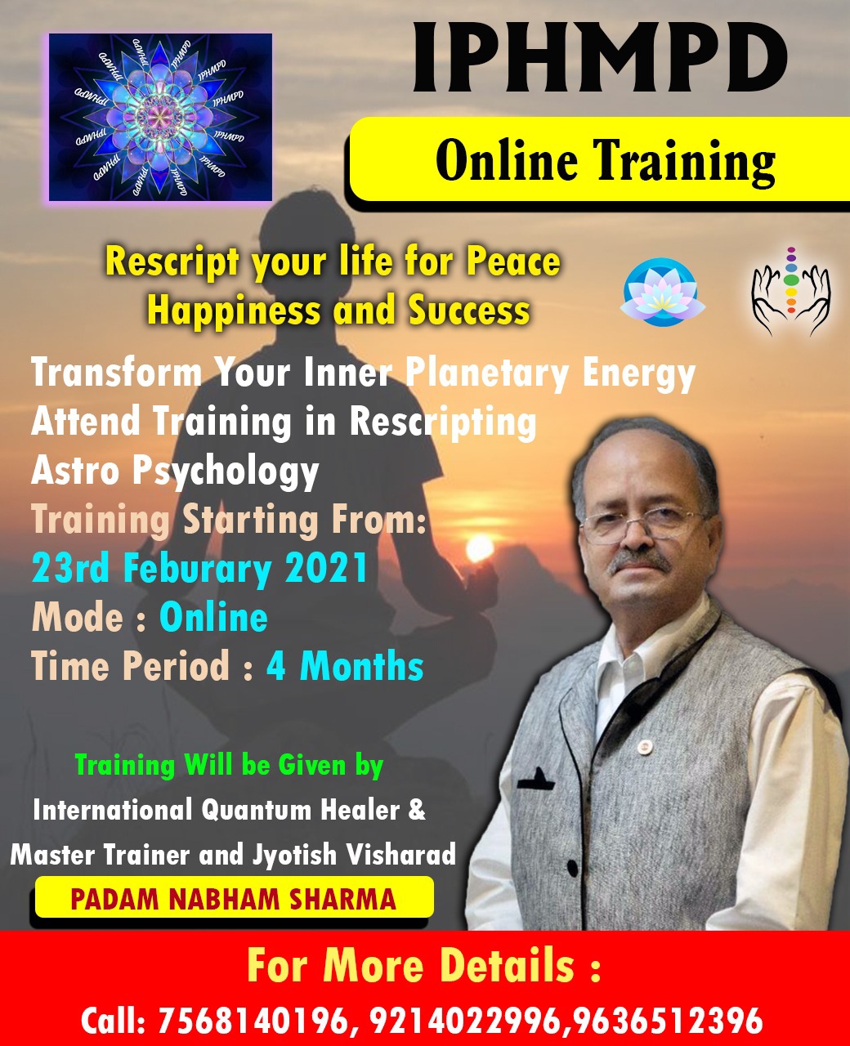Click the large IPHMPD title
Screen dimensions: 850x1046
click(600, 58)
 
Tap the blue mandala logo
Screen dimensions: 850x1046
click(160, 117)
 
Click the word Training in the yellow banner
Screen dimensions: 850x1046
click(686, 161)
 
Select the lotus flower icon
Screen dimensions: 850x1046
click(662, 293)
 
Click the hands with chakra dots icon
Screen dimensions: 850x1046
click(791, 291)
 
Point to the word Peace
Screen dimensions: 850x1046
click(513, 261)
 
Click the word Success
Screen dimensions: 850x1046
click(469, 311)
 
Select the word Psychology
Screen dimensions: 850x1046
click(226, 472)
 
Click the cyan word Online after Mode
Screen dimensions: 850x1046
click(213, 617)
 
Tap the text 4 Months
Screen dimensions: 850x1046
click(345, 666)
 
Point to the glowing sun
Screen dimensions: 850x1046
click(479, 548)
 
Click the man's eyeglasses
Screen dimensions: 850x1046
click(642, 525)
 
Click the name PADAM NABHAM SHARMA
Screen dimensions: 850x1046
click(233, 899)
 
